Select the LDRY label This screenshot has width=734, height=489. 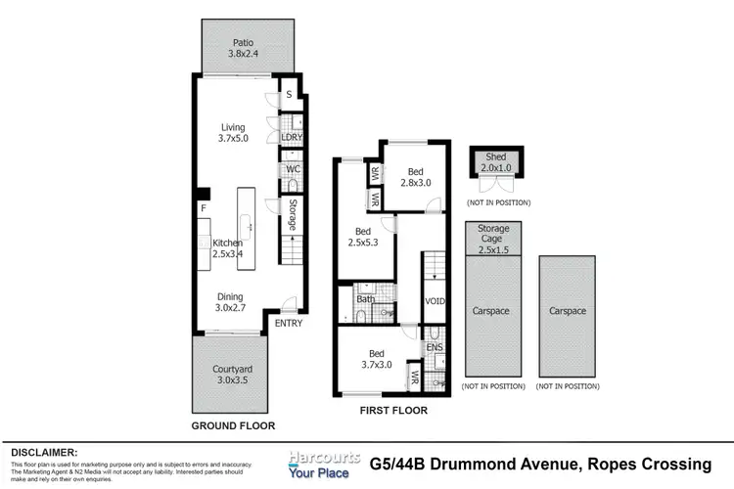pyautogui.click(x=292, y=137)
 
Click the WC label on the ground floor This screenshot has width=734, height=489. pyautogui.click(x=292, y=169)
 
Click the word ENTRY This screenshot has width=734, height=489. pyautogui.click(x=289, y=324)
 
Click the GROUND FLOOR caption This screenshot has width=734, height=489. pyautogui.click(x=234, y=426)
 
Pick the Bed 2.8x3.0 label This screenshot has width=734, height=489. pyautogui.click(x=416, y=176)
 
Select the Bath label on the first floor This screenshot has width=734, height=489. pyautogui.click(x=366, y=299)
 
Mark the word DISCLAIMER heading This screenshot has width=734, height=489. pyautogui.click(x=45, y=453)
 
